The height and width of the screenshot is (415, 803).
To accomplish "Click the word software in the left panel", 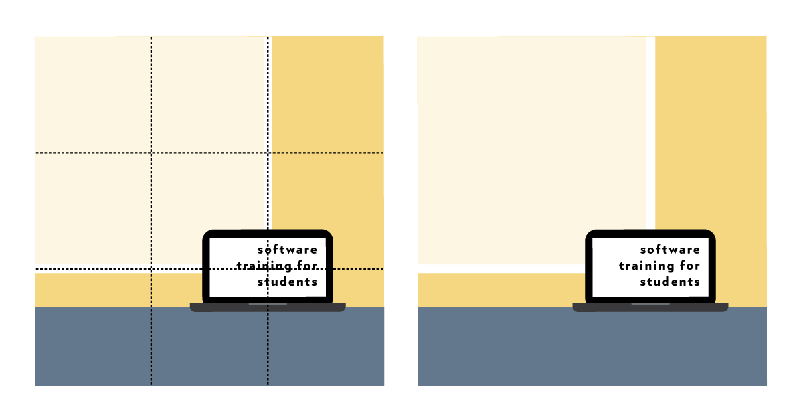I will pyautogui.click(x=288, y=250).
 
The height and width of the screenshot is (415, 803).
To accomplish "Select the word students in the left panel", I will pyautogui.click(x=288, y=282).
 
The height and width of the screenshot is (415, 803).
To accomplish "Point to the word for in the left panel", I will pyautogui.click(x=306, y=266).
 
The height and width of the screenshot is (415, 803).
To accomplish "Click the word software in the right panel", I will pyautogui.click(x=671, y=250).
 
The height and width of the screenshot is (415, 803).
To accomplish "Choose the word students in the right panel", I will pyautogui.click(x=671, y=282).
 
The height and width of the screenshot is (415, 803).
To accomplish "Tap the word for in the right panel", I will pyautogui.click(x=689, y=266).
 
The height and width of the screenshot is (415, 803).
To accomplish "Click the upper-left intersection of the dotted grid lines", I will pyautogui.click(x=151, y=153).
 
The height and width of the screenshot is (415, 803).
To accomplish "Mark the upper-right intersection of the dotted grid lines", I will pyautogui.click(x=268, y=153).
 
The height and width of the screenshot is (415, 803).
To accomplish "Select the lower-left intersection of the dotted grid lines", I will pyautogui.click(x=151, y=269).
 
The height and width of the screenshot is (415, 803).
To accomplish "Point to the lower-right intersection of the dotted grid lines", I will pyautogui.click(x=268, y=269).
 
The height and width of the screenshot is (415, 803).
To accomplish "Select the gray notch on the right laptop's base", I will pyautogui.click(x=650, y=304).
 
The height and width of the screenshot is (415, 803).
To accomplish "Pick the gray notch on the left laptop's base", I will pyautogui.click(x=268, y=304).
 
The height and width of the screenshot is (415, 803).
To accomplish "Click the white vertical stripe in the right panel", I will pyautogui.click(x=651, y=134).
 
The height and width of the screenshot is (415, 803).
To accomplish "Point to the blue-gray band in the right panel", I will pyautogui.click(x=592, y=348).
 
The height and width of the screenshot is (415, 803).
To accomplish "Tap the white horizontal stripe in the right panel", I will pyautogui.click(x=502, y=268).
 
